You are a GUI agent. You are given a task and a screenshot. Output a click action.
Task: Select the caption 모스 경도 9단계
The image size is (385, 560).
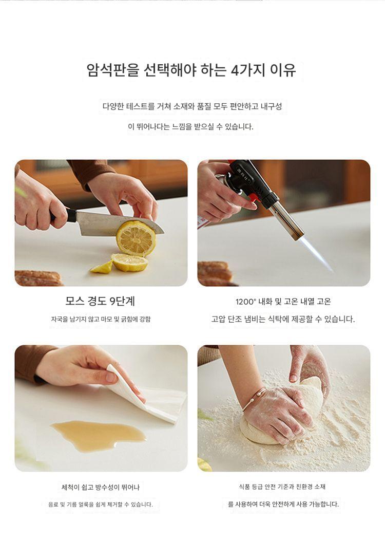(100, 301)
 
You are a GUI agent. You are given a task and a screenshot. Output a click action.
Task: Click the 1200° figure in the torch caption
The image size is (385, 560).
(246, 302)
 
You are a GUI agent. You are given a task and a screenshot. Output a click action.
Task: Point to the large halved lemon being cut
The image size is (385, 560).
(136, 238)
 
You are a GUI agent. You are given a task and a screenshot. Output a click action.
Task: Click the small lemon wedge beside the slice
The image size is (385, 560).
(102, 267)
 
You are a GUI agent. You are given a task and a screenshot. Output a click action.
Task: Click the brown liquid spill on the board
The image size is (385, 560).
(99, 435)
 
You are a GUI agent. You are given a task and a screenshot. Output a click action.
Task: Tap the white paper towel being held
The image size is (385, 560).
(150, 395)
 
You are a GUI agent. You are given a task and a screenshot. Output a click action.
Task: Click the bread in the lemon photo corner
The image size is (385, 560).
(38, 278)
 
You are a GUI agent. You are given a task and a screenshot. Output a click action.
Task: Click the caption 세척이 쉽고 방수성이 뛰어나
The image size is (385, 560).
(100, 487)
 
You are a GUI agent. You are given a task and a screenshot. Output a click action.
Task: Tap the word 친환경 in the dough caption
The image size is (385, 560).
(304, 487)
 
